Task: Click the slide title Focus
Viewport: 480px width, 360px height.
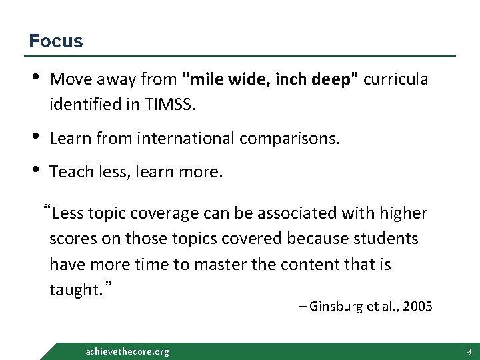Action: pos(56,41)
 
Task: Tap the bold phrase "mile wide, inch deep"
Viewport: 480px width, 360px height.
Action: pos(272,80)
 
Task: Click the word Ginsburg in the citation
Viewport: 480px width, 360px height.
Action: pos(335,307)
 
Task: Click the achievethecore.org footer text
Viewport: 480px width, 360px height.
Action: pos(127,351)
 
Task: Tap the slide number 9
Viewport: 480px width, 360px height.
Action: pos(469,351)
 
